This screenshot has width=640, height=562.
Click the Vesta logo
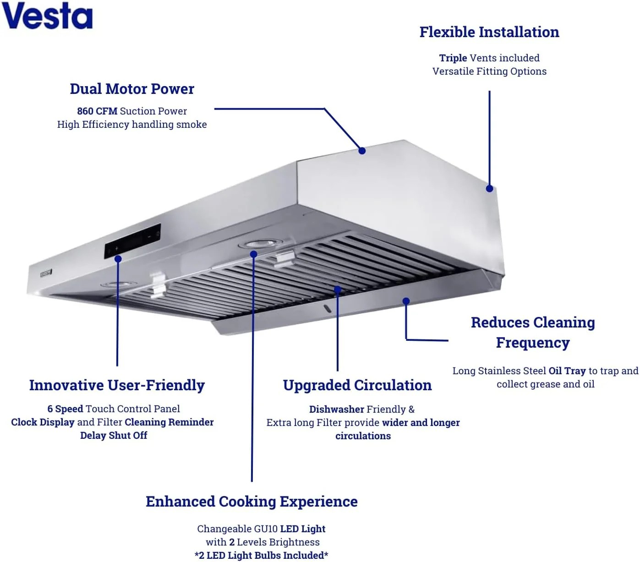click(x=47, y=16)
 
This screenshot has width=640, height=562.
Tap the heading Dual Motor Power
click(x=132, y=89)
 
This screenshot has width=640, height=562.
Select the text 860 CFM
click(x=97, y=111)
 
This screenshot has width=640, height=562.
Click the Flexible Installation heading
click(x=489, y=32)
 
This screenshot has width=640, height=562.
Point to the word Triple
click(x=453, y=58)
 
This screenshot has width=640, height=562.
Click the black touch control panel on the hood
click(x=132, y=241)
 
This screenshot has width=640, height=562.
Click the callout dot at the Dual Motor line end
click(x=362, y=151)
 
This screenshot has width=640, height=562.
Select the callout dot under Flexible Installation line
click(x=489, y=189)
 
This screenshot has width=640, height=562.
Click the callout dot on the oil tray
click(x=406, y=301)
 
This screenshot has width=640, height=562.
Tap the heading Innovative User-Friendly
click(x=117, y=385)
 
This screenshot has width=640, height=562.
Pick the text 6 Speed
click(x=65, y=409)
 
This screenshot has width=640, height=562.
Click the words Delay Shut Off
click(x=114, y=435)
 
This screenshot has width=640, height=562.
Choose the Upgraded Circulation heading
click(x=357, y=385)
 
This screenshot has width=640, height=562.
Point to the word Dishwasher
click(x=336, y=409)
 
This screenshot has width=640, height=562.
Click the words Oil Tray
click(x=567, y=371)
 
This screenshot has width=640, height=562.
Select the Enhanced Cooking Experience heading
click(x=252, y=502)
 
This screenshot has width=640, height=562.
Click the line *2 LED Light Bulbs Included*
click(x=261, y=556)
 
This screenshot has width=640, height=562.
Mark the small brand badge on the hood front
click(x=46, y=273)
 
